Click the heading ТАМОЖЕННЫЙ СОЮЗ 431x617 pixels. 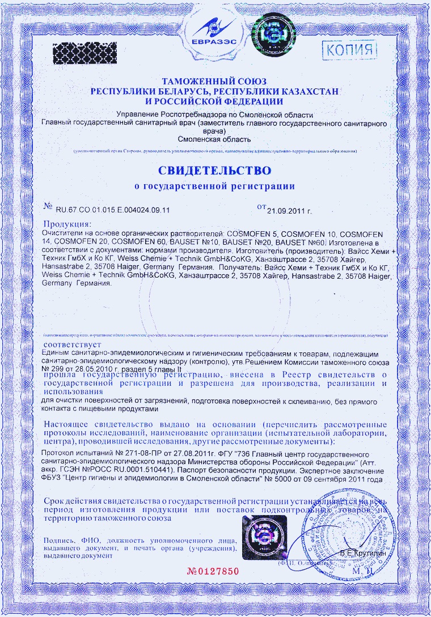[x=214, y=82]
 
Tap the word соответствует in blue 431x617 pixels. [x=72, y=344]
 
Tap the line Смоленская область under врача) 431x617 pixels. [x=214, y=138]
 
